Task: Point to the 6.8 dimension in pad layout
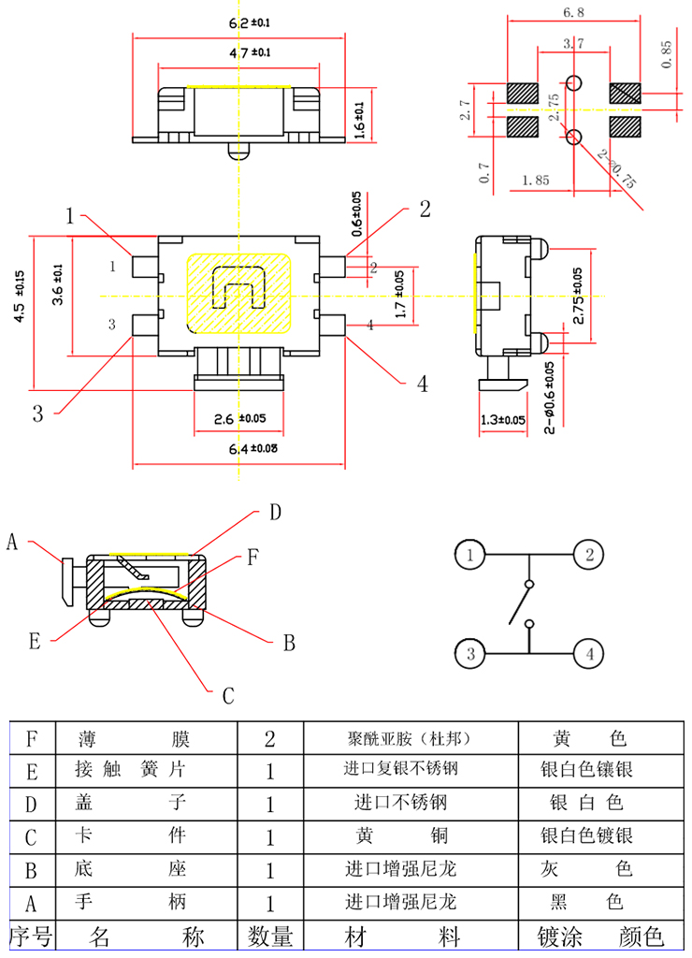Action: point(573,12)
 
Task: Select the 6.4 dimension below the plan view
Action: point(239,448)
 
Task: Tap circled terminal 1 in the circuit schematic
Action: point(470,555)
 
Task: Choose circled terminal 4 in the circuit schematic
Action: point(588,654)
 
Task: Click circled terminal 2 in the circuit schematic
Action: point(588,555)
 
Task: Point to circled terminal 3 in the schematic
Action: point(470,654)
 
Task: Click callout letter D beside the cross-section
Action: point(275,512)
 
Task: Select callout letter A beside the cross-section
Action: point(13,541)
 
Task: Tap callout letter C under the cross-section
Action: point(226,696)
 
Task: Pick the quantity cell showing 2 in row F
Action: point(270,740)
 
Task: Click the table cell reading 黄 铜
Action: point(400,835)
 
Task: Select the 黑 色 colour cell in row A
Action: point(587,903)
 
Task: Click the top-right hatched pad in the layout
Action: point(624,94)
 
